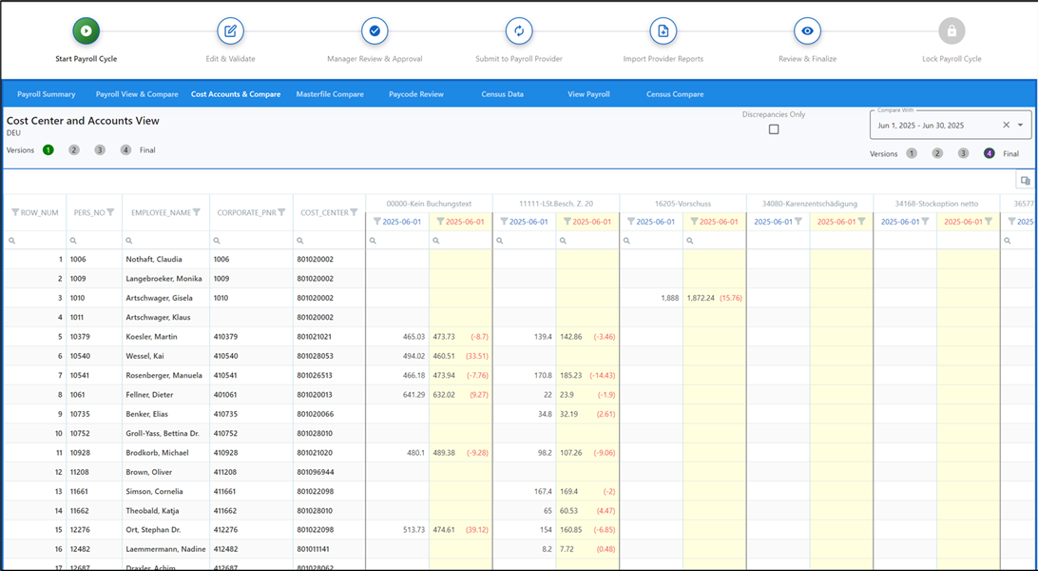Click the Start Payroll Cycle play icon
(86, 31)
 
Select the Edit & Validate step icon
(230, 31)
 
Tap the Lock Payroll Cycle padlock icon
(951, 31)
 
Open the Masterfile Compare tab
(330, 94)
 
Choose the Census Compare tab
(675, 94)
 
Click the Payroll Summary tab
(46, 94)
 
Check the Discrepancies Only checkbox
(774, 129)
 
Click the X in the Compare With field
(1007, 125)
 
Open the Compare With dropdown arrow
(1021, 125)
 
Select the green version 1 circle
(48, 150)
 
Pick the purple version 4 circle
(989, 153)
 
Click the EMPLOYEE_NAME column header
(161, 212)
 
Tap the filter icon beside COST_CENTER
(354, 212)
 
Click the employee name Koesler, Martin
(152, 337)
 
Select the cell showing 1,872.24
(702, 298)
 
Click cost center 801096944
(316, 472)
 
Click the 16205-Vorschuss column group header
(682, 204)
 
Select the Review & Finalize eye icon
(807, 31)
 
